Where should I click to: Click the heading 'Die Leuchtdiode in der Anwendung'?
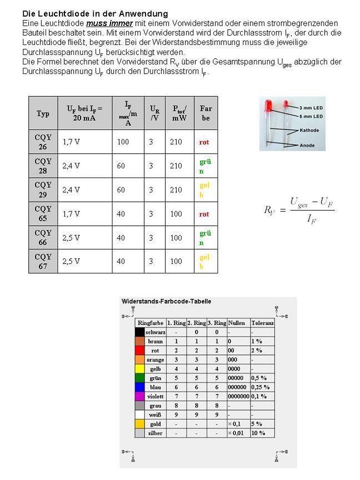pos(95,13)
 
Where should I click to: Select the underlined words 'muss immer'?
pos(109,23)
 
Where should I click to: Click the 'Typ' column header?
pos(43,113)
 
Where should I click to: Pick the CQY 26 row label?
pos(43,142)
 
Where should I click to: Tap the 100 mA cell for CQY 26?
pos(123,142)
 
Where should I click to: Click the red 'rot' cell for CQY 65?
pos(204,214)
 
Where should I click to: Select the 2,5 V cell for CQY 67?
pos(71,261)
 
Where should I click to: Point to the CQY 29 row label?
pos(43,189)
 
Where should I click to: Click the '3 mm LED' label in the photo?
pos(311,107)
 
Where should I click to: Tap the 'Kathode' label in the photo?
pos(309,131)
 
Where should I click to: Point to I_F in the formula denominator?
pos(312,219)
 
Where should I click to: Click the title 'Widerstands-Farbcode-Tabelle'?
pos(166,302)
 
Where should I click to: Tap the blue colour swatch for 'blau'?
pos(140,387)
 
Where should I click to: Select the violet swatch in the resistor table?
pos(140,396)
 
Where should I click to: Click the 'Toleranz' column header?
pos(262,323)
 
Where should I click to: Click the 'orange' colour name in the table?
pos(155,359)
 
